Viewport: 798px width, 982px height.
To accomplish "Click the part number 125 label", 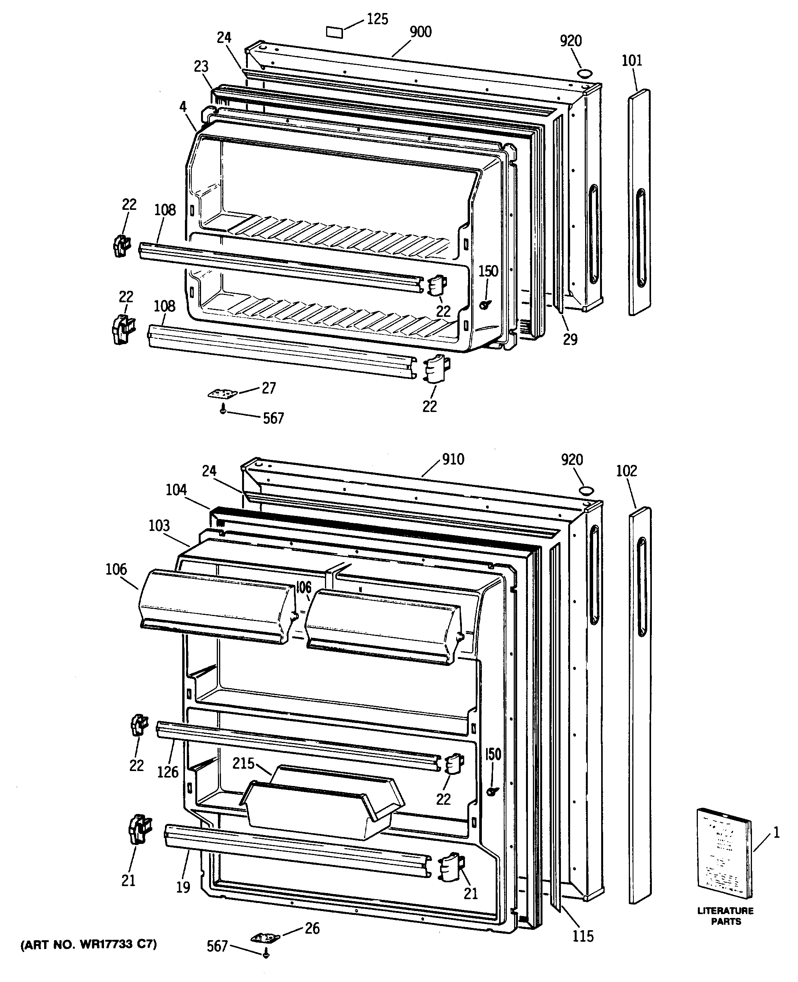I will [378, 19].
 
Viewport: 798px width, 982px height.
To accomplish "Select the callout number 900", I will [420, 32].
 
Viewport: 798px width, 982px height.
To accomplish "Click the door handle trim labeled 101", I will [640, 202].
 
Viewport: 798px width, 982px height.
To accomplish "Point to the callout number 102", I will [627, 471].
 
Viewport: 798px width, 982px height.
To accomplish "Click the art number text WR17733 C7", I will [89, 945].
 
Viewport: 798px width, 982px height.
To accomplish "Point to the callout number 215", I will [243, 763].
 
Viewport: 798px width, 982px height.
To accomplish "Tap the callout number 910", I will [453, 459].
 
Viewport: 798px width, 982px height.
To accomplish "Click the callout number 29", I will [570, 339].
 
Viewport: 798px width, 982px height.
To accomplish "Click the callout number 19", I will [183, 887].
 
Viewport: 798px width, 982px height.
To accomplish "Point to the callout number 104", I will [176, 490].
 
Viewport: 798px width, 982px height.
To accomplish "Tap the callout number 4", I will [183, 107].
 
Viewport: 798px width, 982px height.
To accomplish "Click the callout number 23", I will [201, 67].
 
